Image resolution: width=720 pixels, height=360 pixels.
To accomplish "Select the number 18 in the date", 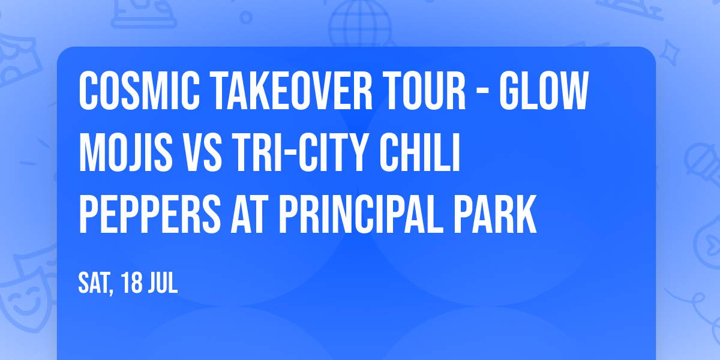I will click(131, 283).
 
